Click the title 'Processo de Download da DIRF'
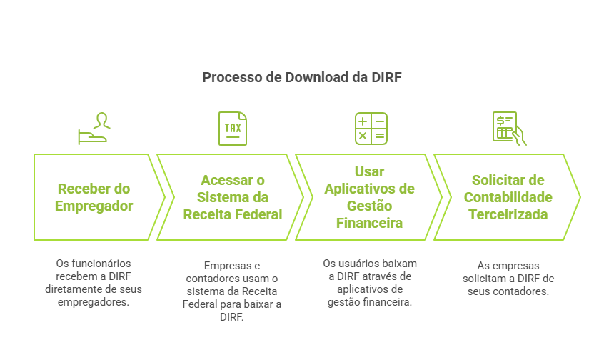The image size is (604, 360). (302, 77)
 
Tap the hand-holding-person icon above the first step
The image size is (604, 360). (94, 129)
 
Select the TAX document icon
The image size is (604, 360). (233, 129)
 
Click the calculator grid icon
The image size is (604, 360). (371, 129)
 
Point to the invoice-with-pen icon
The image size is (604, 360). (508, 129)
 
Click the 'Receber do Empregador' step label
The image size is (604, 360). (94, 197)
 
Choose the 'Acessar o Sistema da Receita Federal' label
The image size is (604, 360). (233, 197)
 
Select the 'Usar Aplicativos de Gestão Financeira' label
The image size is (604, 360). (369, 197)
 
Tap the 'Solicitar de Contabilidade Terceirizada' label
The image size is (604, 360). (508, 197)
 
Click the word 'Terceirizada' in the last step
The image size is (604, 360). (508, 214)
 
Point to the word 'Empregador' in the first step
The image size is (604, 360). (95, 206)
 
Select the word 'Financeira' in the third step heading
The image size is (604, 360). (369, 223)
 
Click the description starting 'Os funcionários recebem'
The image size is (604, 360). (94, 283)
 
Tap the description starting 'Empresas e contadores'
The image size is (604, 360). (233, 291)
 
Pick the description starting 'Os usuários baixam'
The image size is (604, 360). (371, 283)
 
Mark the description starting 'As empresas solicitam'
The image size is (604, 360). (508, 278)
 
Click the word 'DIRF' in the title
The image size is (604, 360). (387, 77)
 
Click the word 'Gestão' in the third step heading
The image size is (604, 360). (369, 206)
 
